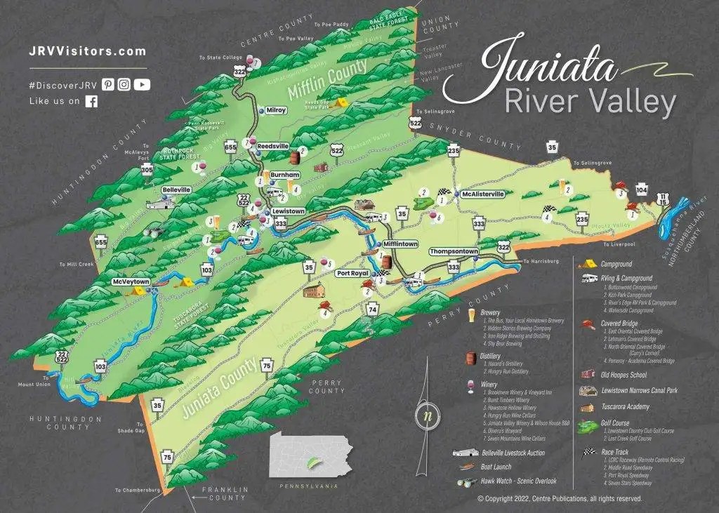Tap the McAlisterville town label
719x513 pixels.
[482, 194]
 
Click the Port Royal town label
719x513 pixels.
[352, 273]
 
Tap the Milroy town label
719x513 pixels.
[276, 110]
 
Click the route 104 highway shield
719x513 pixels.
[641, 190]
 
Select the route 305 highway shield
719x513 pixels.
[146, 170]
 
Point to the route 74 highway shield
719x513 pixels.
[372, 309]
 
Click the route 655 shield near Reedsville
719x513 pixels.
[230, 147]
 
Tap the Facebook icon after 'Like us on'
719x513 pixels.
[91, 101]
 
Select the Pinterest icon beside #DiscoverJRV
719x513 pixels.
[107, 84]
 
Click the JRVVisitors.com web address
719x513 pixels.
[88, 51]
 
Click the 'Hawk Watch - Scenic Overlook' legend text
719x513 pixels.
[520, 481]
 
